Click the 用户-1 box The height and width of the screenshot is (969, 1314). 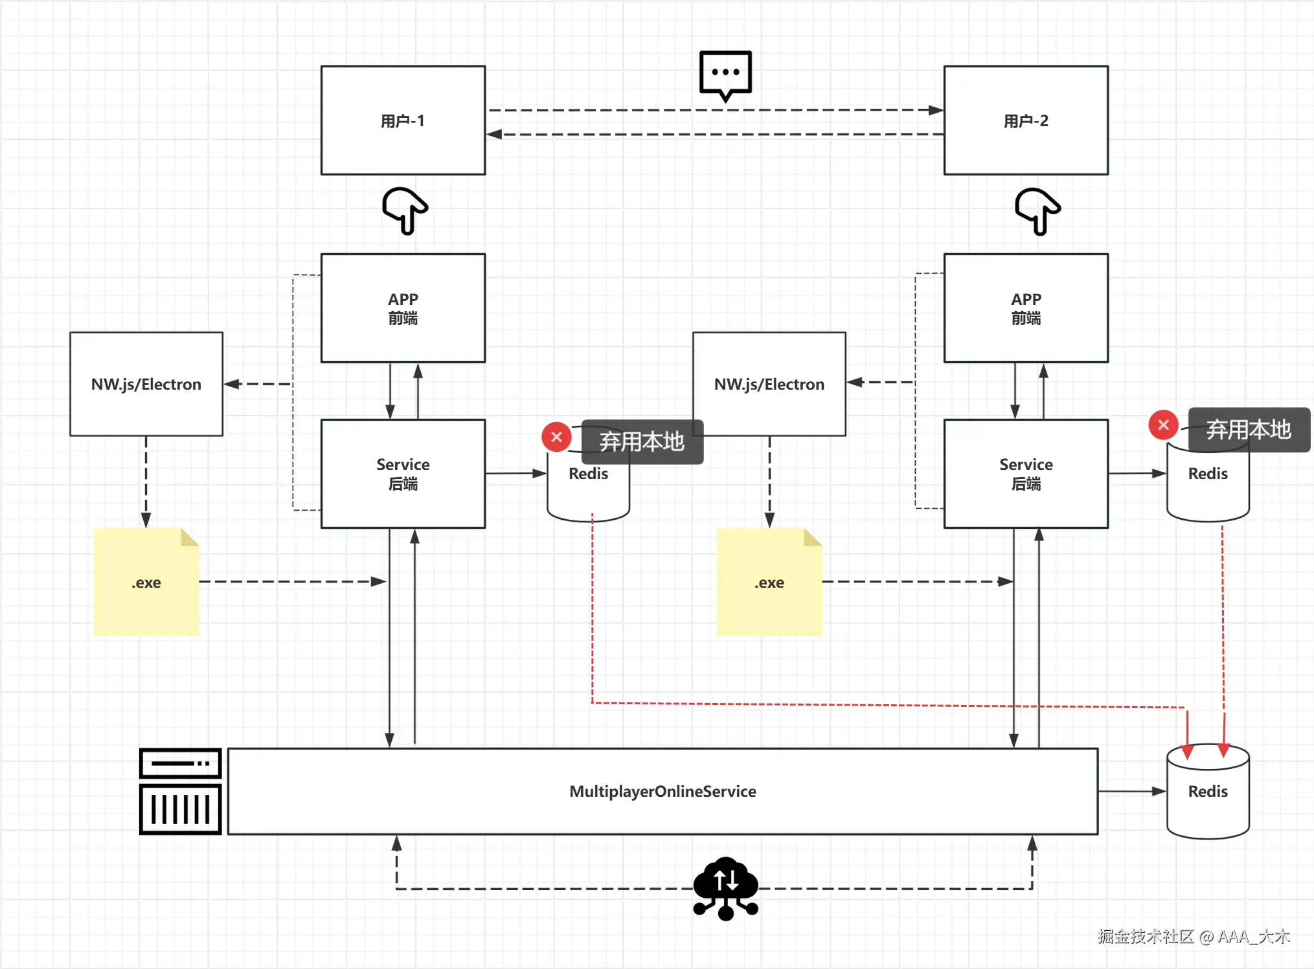pyautogui.click(x=403, y=120)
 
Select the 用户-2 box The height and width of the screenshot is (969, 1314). pyautogui.click(x=1026, y=120)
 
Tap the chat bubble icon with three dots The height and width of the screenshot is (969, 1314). pyautogui.click(x=725, y=74)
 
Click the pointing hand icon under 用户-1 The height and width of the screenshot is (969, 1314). pyautogui.click(x=405, y=210)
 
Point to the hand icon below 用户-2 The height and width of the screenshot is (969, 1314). pyautogui.click(x=1037, y=210)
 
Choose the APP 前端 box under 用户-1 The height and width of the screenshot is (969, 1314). pyautogui.click(x=403, y=308)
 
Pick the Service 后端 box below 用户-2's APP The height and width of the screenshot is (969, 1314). pyautogui.click(x=1026, y=474)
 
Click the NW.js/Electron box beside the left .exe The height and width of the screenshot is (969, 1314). pyautogui.click(x=146, y=384)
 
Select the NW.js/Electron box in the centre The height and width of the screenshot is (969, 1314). pyautogui.click(x=769, y=384)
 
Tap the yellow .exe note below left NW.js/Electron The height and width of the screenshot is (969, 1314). pyautogui.click(x=146, y=582)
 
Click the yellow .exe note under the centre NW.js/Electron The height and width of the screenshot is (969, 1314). pyautogui.click(x=769, y=582)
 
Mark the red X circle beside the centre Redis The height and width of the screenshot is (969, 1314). pyautogui.click(x=556, y=437)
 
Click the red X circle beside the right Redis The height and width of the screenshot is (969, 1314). pyautogui.click(x=1163, y=425)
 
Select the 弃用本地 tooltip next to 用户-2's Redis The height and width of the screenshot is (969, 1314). pyautogui.click(x=1249, y=430)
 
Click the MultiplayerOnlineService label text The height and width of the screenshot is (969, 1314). pyautogui.click(x=663, y=791)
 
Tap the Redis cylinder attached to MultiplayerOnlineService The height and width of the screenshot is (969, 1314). pyautogui.click(x=1208, y=791)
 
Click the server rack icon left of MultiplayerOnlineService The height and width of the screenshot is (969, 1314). pyautogui.click(x=181, y=791)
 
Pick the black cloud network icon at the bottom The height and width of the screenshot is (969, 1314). pyautogui.click(x=725, y=887)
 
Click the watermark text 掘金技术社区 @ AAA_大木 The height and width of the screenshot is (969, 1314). pyautogui.click(x=1193, y=937)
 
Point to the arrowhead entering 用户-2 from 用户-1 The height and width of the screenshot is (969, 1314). pyautogui.click(x=936, y=110)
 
